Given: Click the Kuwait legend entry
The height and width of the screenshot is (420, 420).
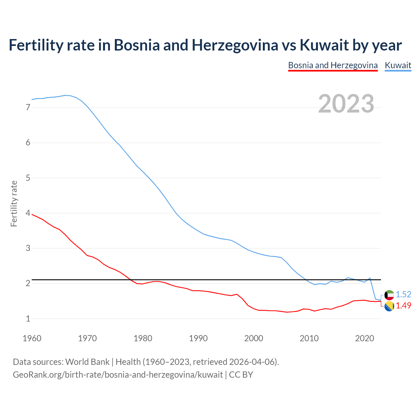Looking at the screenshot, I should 398,65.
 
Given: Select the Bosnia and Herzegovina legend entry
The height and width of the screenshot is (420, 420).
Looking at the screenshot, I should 333,65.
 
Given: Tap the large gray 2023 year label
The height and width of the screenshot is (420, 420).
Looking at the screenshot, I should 346,104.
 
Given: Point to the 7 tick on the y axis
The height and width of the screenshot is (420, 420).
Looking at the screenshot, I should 28,108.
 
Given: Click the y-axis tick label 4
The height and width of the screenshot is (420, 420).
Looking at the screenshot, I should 28,213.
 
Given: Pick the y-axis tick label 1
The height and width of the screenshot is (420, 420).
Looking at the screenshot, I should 28,319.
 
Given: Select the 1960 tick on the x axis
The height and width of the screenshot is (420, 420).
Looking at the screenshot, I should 32,338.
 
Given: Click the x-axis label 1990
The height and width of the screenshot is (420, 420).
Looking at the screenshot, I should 198,338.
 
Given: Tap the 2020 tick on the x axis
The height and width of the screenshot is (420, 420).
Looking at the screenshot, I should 364,338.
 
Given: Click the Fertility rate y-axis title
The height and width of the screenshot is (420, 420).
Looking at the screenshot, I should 14,203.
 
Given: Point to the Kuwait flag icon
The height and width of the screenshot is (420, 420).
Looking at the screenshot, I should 389,295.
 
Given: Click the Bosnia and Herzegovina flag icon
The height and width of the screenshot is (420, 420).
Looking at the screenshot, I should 389,306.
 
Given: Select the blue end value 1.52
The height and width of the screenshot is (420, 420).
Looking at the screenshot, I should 403,294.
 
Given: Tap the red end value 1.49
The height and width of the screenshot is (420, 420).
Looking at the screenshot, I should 403,305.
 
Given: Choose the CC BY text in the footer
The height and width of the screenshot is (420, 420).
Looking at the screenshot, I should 241,375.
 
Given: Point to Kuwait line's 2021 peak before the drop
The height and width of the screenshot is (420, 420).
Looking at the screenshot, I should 370,278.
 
